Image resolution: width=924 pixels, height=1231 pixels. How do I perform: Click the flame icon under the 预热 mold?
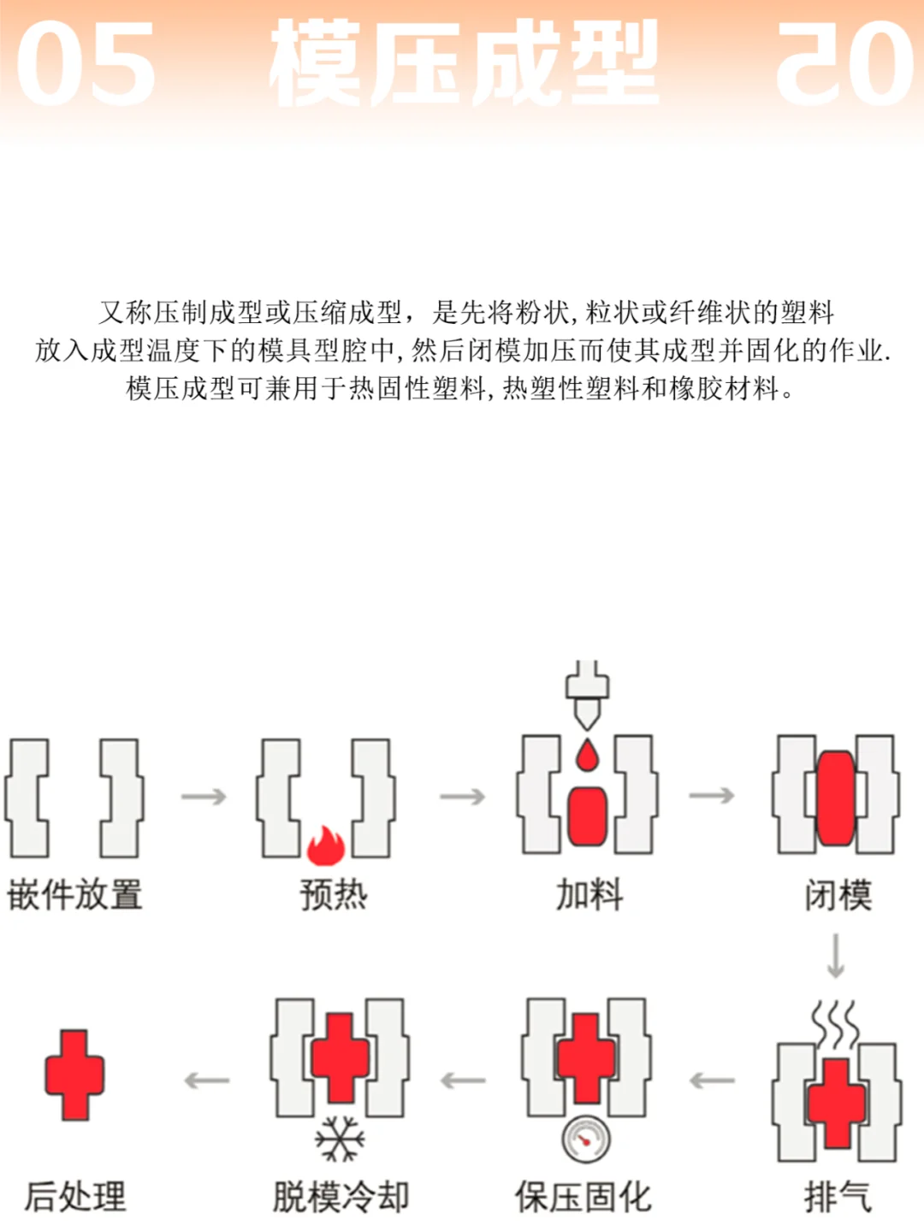(326, 845)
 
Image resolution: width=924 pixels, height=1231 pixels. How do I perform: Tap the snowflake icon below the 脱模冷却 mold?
(340, 1139)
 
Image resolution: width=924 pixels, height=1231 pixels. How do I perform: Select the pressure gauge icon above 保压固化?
(586, 1140)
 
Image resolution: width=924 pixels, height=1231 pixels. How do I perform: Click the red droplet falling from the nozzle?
(586, 757)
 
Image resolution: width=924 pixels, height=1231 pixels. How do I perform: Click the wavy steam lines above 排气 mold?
(835, 1024)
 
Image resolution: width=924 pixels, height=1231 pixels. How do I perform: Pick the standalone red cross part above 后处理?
(75, 1075)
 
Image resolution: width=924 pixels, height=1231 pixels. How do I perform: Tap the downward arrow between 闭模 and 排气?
(836, 956)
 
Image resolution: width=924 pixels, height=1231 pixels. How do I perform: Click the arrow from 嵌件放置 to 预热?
(204, 797)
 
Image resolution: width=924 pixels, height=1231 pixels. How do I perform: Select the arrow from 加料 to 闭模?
(712, 796)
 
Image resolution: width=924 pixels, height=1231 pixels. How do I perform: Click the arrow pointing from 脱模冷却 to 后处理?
(207, 1081)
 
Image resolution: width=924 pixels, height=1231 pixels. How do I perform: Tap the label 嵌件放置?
(75, 895)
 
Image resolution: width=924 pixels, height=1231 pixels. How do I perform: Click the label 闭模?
(838, 895)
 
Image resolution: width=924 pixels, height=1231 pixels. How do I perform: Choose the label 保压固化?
(583, 1197)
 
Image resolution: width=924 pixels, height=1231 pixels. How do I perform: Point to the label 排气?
(838, 1197)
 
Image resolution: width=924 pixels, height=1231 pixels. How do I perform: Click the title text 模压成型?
(463, 64)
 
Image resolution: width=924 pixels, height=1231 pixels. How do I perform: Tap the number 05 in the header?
(86, 64)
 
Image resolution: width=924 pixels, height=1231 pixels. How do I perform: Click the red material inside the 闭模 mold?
(836, 798)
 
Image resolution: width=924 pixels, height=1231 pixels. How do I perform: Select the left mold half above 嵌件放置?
(27, 798)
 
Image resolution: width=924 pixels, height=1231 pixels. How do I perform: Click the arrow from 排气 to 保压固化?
(712, 1081)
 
